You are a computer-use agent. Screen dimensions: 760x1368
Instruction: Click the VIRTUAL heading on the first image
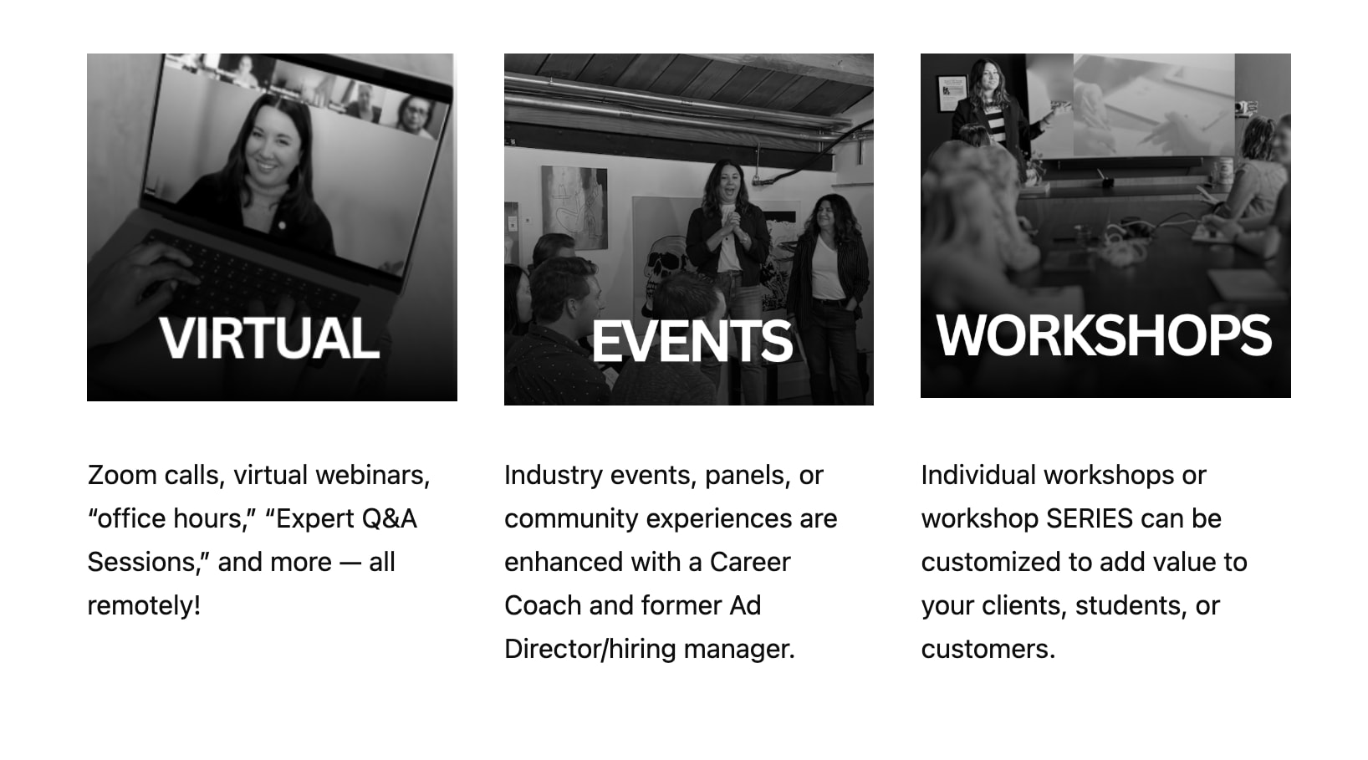269,339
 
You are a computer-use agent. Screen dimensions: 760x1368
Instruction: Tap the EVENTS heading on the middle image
692,342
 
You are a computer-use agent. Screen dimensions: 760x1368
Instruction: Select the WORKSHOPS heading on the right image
1104,335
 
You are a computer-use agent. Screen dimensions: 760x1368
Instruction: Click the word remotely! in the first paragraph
144,605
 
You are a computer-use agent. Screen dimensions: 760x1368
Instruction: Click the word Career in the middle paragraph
749,562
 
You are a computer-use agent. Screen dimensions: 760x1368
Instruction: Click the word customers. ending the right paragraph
988,649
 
